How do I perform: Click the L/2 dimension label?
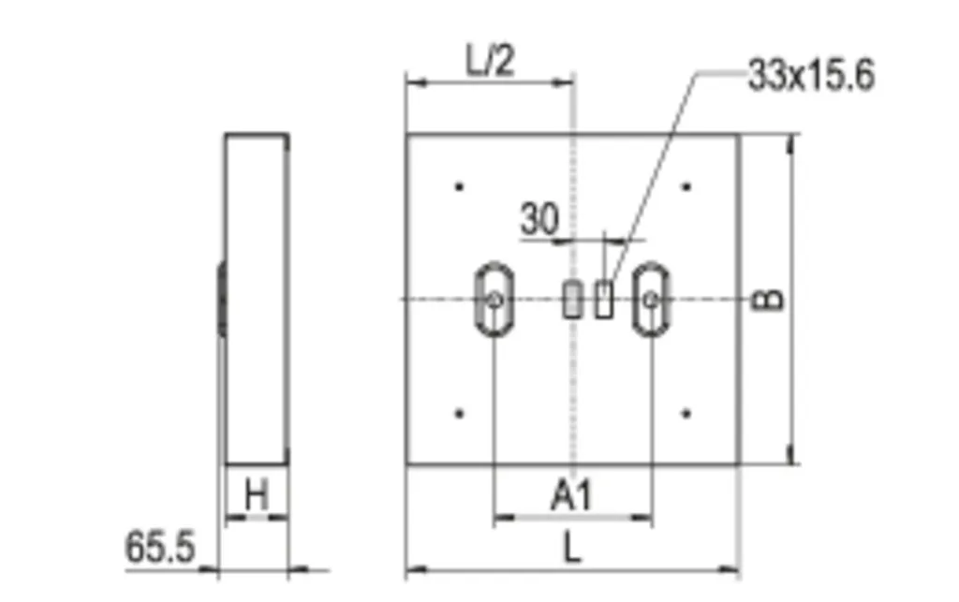[x=490, y=61]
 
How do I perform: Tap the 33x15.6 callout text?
[x=812, y=75]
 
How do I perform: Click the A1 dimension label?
[x=572, y=495]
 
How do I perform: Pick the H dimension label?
[x=257, y=494]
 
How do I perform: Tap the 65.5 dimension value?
[x=160, y=547]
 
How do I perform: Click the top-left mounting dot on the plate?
[x=459, y=186]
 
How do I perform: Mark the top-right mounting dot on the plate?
[x=686, y=186]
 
